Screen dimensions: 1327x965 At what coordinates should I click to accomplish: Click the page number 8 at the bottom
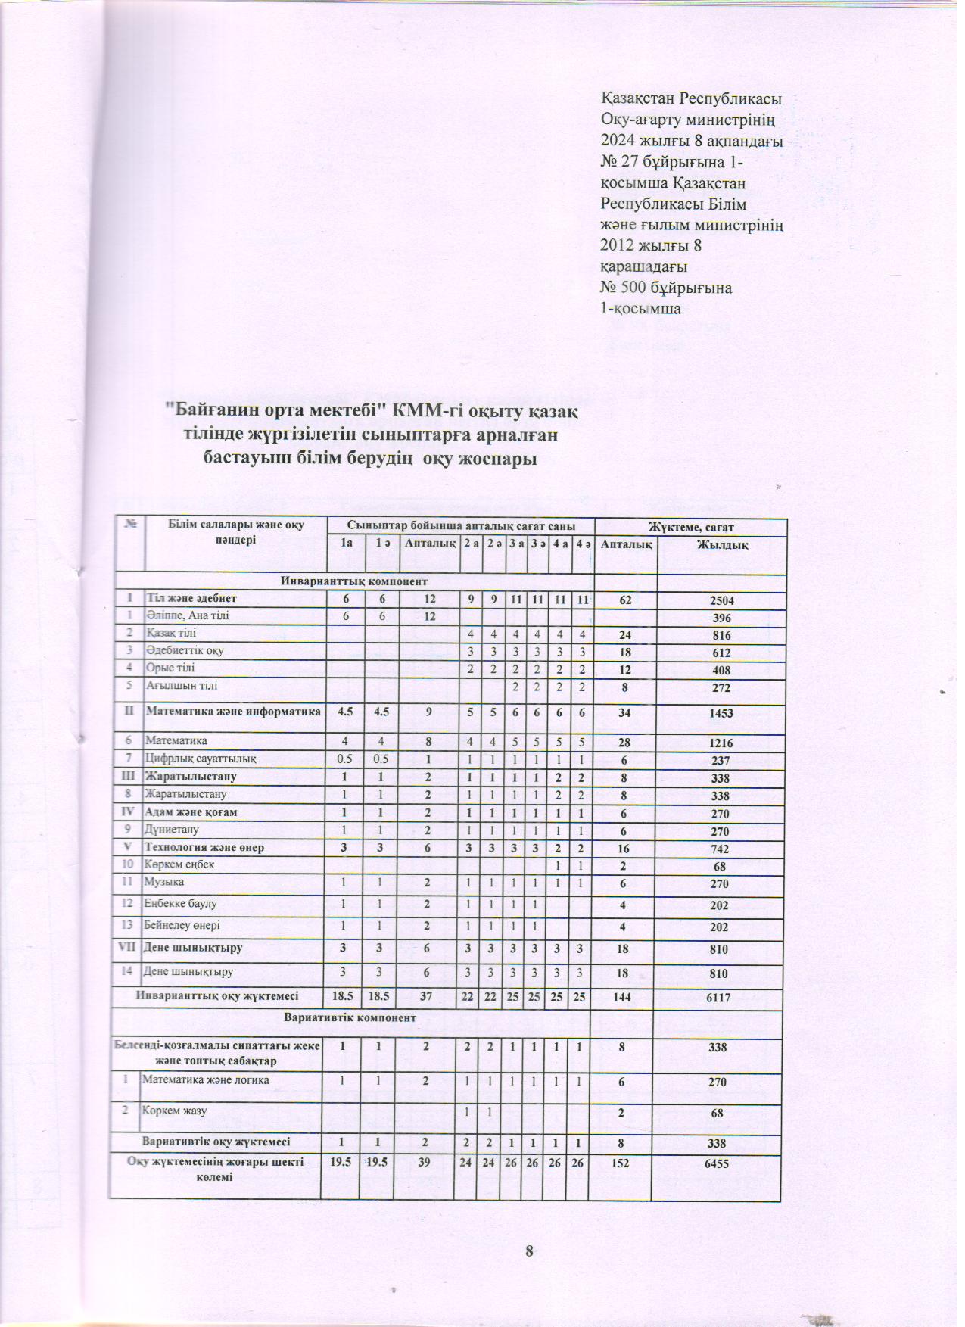point(531,1250)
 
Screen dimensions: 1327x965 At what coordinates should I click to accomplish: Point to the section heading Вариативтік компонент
point(350,1018)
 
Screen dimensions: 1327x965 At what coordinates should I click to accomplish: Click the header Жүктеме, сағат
point(690,527)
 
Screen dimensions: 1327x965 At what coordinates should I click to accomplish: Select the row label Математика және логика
point(207,1080)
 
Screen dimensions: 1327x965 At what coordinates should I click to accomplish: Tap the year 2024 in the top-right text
point(619,140)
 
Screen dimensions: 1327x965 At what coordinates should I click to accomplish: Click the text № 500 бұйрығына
point(665,288)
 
